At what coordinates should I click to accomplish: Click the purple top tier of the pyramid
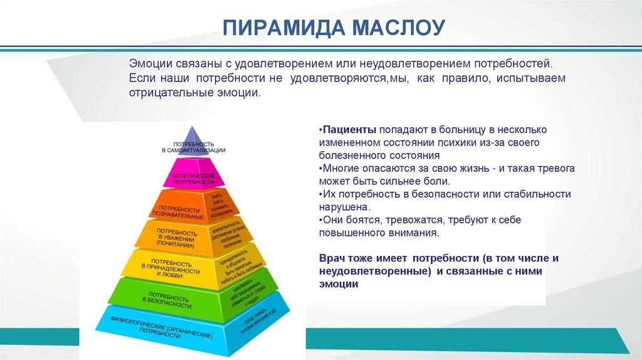click(x=192, y=144)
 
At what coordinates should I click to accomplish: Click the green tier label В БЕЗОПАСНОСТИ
click(x=166, y=297)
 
